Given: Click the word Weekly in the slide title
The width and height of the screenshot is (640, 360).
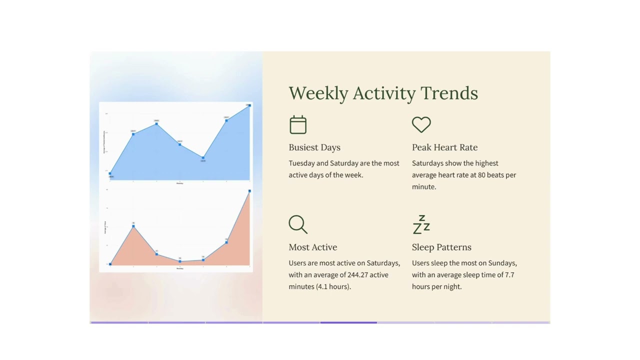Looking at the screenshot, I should [318, 93].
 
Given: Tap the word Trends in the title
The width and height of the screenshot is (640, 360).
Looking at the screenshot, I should [449, 93].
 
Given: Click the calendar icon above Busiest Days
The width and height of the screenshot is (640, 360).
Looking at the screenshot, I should [298, 124].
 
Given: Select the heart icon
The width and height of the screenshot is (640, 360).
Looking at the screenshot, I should [421, 124].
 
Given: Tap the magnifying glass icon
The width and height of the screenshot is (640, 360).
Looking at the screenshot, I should [298, 224].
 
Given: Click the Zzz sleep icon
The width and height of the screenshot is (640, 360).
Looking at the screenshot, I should [421, 224].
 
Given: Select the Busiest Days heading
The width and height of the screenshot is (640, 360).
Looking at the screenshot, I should [314, 147].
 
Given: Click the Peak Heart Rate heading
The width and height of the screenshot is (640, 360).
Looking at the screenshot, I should [444, 147].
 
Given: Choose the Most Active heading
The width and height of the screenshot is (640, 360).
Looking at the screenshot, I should [312, 247].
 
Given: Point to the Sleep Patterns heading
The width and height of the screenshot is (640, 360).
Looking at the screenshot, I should [441, 247].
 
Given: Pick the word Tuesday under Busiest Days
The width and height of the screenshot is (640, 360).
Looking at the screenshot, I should [301, 163].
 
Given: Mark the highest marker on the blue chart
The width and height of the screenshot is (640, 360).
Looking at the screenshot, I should [249, 105].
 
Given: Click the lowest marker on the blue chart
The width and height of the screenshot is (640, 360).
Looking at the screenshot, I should [110, 174].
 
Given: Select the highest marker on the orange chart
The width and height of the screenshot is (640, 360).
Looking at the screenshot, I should [249, 191].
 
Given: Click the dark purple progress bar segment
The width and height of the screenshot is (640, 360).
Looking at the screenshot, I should [348, 322].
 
